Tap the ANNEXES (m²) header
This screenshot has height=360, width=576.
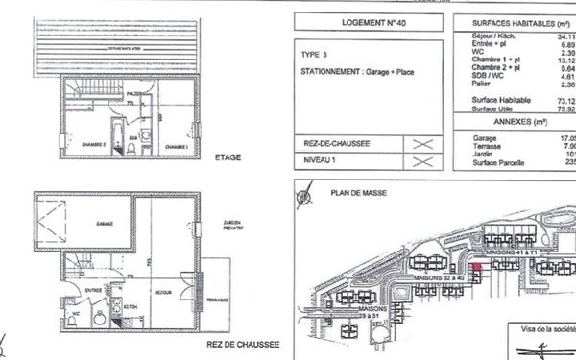pos(519,122)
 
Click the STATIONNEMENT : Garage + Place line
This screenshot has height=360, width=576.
pos(352,71)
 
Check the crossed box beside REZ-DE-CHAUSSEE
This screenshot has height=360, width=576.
pos(421,145)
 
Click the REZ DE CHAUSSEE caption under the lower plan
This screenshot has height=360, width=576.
pos(243,343)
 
